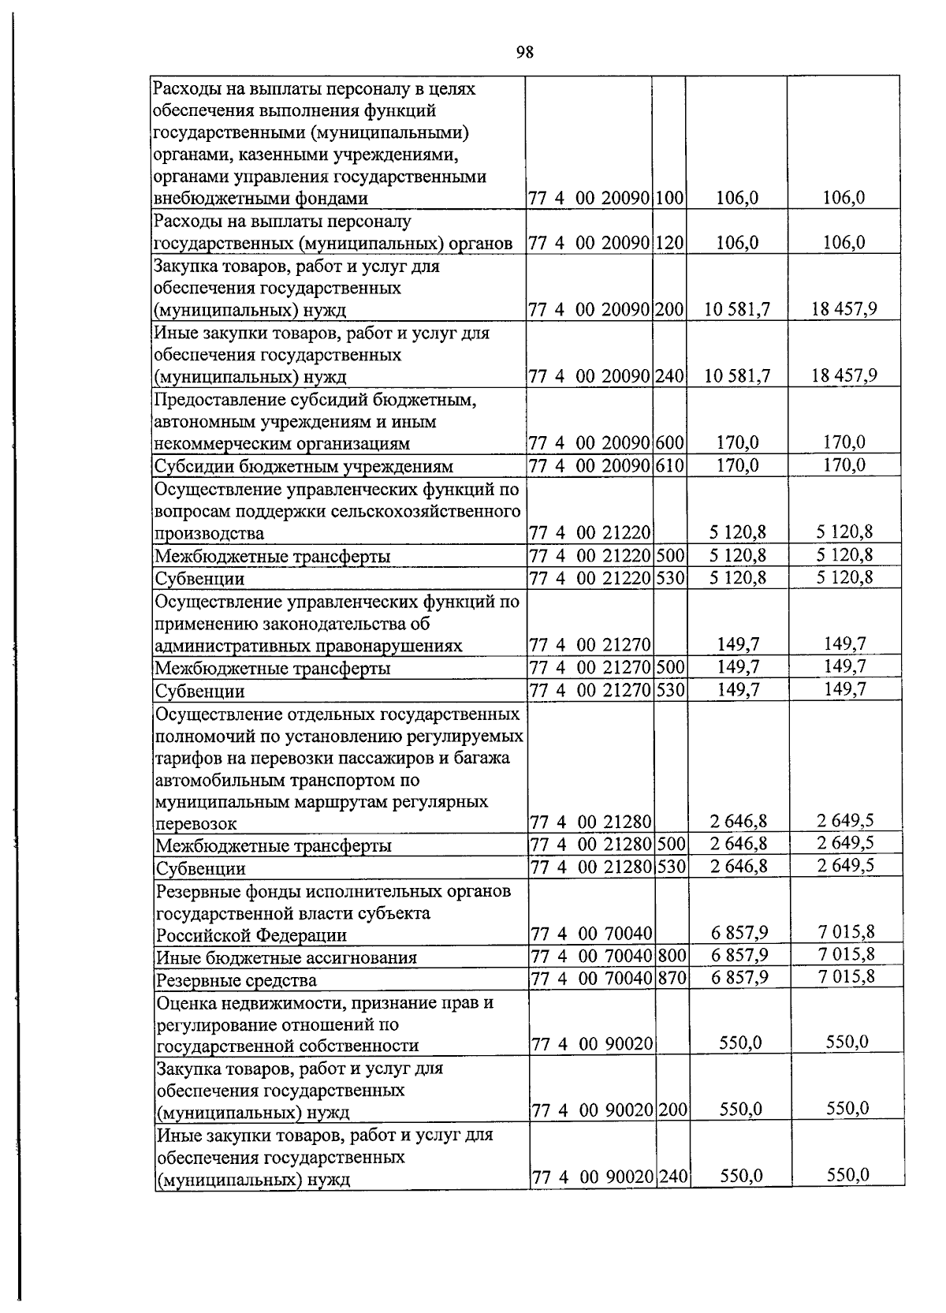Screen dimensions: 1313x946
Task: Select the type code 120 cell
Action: [669, 243]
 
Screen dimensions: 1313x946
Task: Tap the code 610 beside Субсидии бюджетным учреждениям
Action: [669, 465]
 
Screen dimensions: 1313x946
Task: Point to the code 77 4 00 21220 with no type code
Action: [590, 533]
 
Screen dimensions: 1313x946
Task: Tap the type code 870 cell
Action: [672, 979]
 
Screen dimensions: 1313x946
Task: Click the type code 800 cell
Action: [672, 957]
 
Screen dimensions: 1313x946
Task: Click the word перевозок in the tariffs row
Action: [196, 824]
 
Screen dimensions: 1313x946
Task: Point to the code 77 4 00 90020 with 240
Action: [593, 1178]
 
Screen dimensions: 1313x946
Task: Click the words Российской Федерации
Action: [251, 935]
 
